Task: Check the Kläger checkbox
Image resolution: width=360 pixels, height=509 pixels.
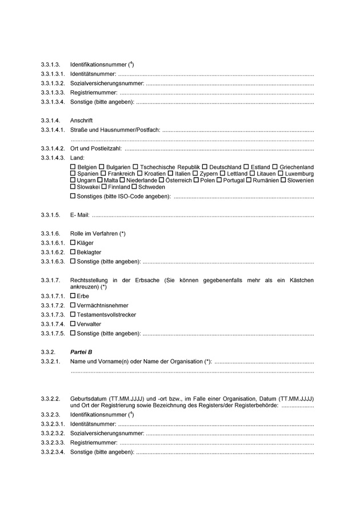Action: coord(73,243)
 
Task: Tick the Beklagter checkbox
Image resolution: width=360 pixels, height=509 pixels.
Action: coord(73,252)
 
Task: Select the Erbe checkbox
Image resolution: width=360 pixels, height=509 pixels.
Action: coord(73,296)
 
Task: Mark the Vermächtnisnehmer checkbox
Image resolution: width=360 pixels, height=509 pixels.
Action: coord(73,306)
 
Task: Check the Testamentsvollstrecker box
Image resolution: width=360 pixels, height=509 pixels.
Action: coord(73,315)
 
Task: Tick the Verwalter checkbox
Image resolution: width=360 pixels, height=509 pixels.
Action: coord(73,324)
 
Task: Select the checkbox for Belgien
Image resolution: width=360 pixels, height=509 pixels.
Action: coord(73,166)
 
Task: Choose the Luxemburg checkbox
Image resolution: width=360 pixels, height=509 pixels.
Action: coord(281,173)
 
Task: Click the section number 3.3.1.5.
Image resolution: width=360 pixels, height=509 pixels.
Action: coord(50,215)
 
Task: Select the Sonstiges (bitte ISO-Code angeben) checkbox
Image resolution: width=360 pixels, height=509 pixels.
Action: coord(73,197)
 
